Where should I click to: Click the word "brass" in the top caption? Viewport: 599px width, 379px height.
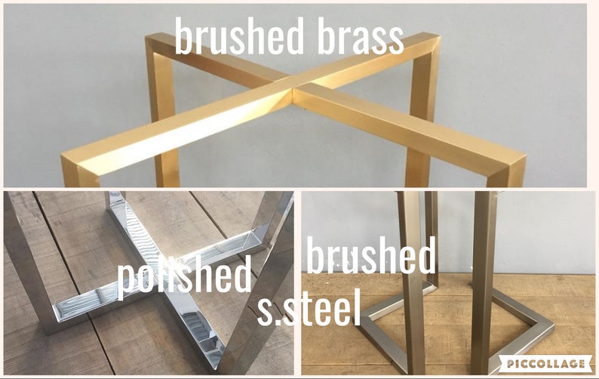click(361, 36)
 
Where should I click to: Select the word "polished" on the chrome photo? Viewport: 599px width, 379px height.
click(184, 276)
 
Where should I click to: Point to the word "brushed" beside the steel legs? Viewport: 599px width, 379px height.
click(371, 255)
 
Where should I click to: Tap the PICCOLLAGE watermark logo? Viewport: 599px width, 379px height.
click(546, 363)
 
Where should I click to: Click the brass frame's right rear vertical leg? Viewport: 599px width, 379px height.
click(419, 115)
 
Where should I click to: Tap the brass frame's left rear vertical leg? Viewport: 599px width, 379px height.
click(162, 115)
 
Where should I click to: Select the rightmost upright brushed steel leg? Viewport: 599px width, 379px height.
click(483, 283)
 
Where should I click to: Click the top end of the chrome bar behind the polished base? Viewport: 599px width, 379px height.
click(115, 196)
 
